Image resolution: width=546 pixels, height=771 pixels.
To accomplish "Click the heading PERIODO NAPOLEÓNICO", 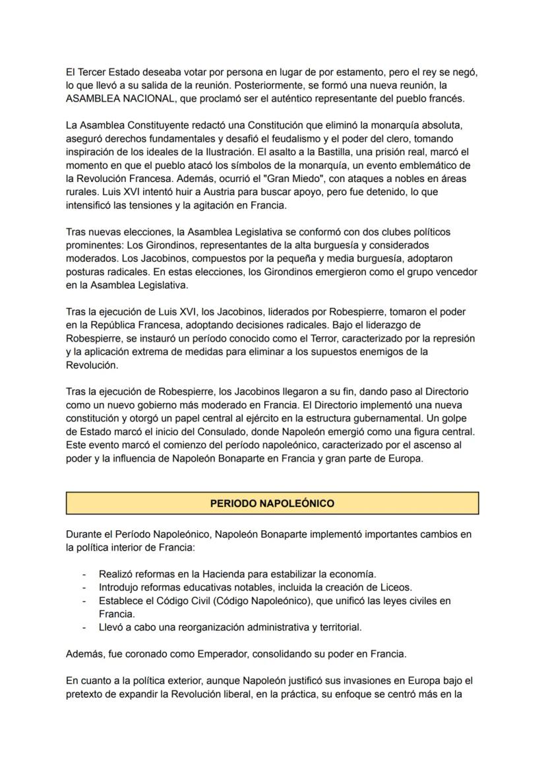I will (272, 503).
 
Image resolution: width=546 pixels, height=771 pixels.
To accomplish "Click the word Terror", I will (321, 339).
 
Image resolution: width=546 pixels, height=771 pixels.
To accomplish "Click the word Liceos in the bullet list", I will (393, 587).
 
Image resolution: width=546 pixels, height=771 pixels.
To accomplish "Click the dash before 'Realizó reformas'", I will (84, 574).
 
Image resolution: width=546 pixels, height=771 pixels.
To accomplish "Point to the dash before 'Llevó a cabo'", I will (84, 627).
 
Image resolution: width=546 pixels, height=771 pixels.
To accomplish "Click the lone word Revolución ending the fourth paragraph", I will (92, 365).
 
